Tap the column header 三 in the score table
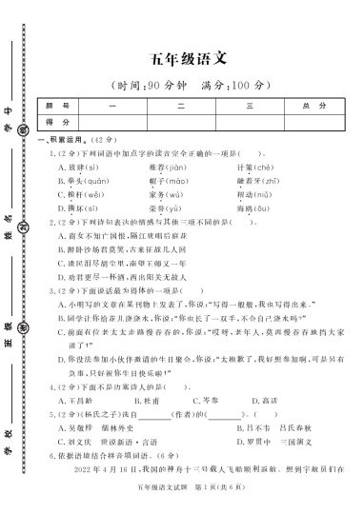tap(252, 104)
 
